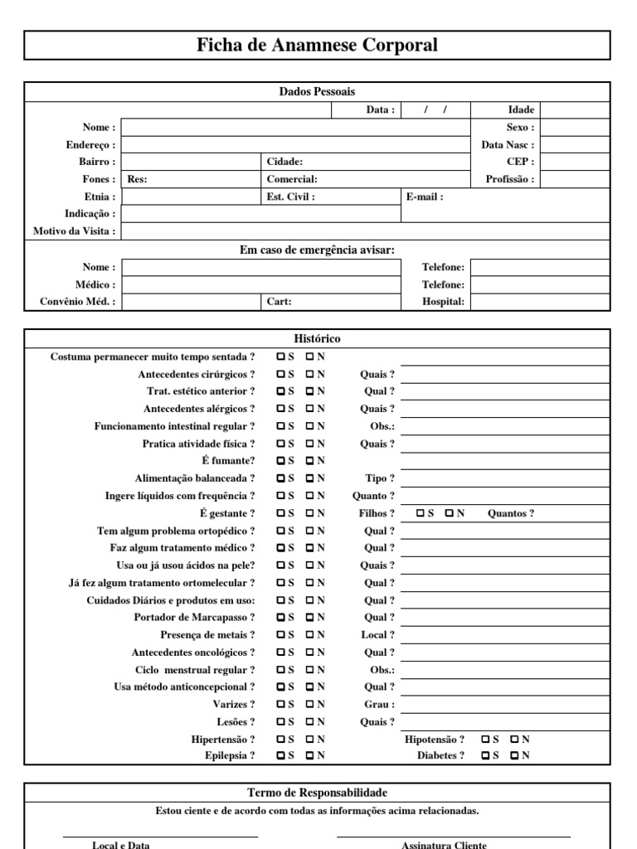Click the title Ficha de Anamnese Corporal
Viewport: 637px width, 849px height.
tap(317, 46)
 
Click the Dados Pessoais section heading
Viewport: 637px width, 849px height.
tap(317, 92)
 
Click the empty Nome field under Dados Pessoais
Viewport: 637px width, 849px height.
tap(296, 128)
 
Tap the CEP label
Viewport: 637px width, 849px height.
tap(520, 162)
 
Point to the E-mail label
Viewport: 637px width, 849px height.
tap(425, 197)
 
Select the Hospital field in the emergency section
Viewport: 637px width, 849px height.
tap(540, 302)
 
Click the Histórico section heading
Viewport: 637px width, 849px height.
tap(317, 339)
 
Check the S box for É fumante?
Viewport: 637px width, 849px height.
tap(281, 460)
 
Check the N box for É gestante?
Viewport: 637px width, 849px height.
tap(310, 513)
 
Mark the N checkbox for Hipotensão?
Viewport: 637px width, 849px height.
tap(515, 739)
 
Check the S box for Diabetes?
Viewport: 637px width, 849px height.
tap(485, 755)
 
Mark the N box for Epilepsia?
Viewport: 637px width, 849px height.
tap(310, 755)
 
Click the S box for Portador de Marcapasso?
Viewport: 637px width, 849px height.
tap(281, 617)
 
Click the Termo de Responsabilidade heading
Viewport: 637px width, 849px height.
tap(317, 793)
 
